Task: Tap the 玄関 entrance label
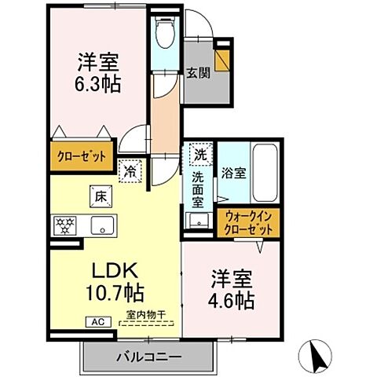196,75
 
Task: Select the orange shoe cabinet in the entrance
224,60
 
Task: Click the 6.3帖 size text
98,83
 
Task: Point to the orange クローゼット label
80,156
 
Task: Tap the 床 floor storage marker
101,196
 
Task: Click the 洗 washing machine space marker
201,156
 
